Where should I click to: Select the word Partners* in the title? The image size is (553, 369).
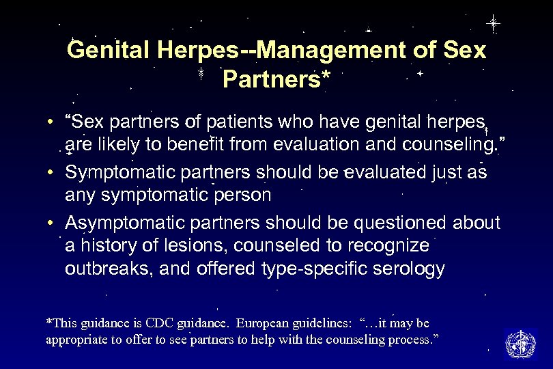click(x=276, y=79)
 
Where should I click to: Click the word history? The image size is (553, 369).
click(x=107, y=245)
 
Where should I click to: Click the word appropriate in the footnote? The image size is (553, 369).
click(x=77, y=340)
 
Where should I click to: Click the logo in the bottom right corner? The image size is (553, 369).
click(x=521, y=343)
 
